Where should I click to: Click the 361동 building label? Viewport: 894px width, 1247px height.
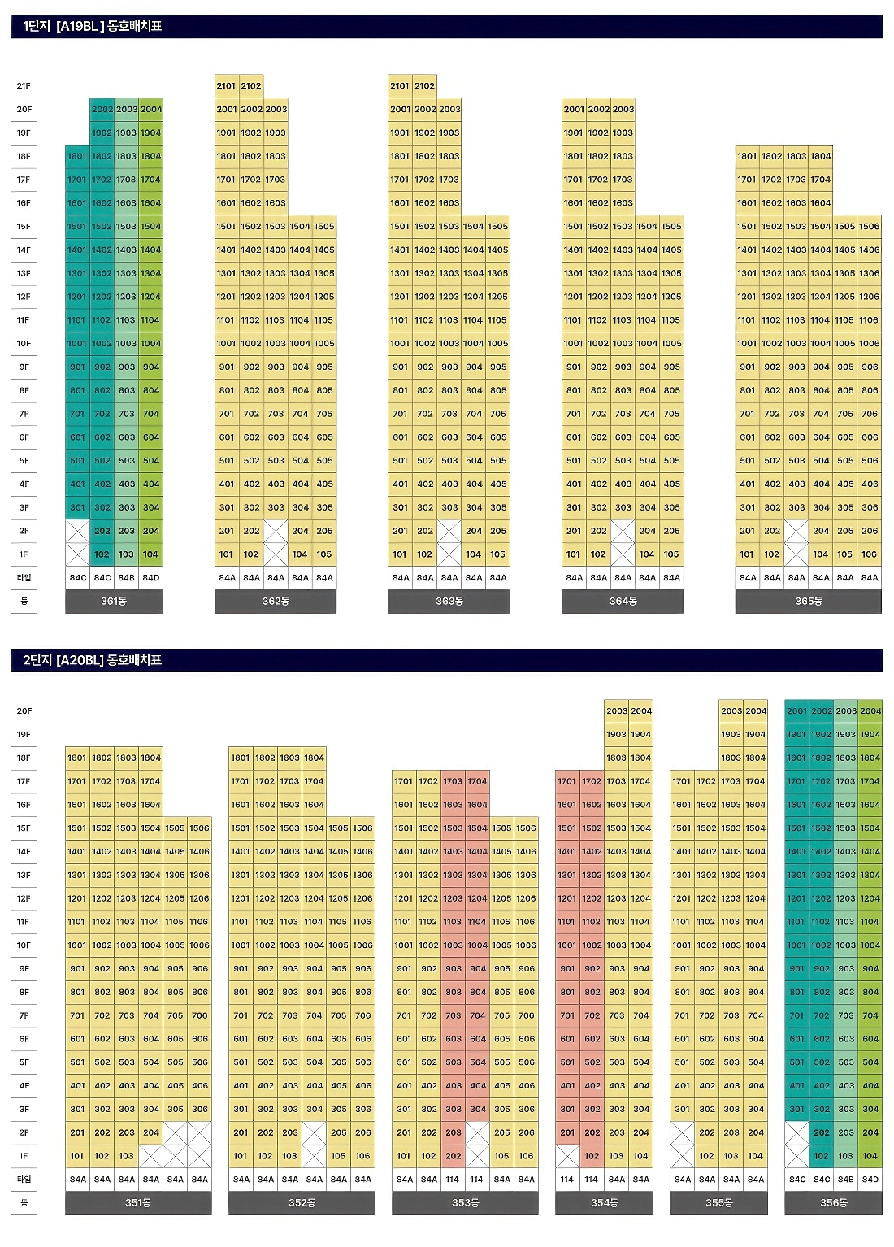pyautogui.click(x=114, y=602)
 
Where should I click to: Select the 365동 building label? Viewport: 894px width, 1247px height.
pyautogui.click(x=808, y=602)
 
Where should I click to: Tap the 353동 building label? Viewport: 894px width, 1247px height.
pyautogui.click(x=465, y=1203)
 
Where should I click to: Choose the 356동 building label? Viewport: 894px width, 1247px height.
pyautogui.click(x=833, y=1203)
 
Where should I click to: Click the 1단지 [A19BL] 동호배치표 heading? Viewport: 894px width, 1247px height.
pyautogui.click(x=93, y=26)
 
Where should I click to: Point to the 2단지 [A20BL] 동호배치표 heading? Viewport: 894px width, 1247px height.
pyautogui.click(x=93, y=660)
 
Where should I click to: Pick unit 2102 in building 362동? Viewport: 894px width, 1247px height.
pyautogui.click(x=251, y=85)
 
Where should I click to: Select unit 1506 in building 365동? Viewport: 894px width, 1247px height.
pyautogui.click(x=869, y=226)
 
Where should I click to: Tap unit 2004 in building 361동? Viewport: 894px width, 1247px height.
pyautogui.click(x=150, y=109)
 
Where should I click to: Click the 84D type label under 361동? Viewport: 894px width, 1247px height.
pyautogui.click(x=150, y=578)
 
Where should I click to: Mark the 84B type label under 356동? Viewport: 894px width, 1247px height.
pyautogui.click(x=846, y=1180)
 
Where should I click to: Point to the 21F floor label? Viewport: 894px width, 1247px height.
pyautogui.click(x=24, y=85)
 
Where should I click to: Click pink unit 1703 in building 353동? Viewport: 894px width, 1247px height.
pyautogui.click(x=453, y=781)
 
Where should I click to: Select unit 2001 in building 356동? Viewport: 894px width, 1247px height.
pyautogui.click(x=796, y=710)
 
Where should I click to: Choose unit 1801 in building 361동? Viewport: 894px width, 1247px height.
pyautogui.click(x=77, y=156)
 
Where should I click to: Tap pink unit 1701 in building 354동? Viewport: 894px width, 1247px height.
pyautogui.click(x=567, y=781)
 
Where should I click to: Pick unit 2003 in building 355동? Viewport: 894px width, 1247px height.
pyautogui.click(x=731, y=710)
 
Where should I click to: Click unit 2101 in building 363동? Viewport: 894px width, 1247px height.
pyautogui.click(x=400, y=85)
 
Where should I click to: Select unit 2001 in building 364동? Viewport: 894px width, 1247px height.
pyautogui.click(x=574, y=109)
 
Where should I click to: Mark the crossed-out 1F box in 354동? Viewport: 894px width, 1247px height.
pyautogui.click(x=567, y=1156)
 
